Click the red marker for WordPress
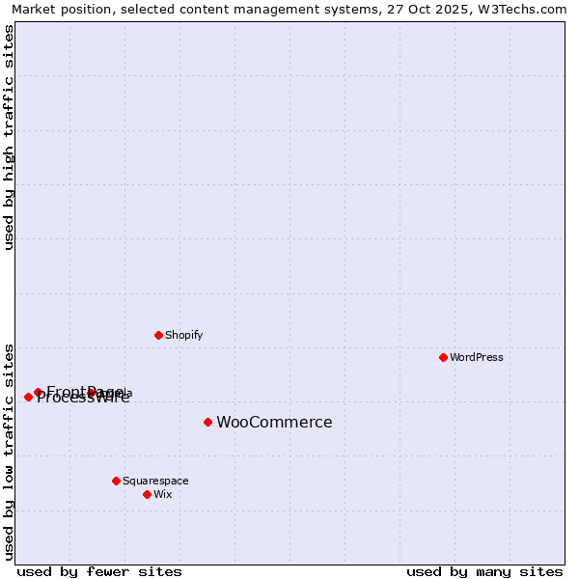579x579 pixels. click(443, 357)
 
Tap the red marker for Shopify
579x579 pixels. click(158, 335)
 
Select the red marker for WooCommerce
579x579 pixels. click(207, 422)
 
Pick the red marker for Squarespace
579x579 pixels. click(116, 481)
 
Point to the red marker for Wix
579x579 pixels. click(147, 494)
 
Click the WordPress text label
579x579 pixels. click(477, 357)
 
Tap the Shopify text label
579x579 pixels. click(183, 335)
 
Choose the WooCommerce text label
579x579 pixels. click(274, 422)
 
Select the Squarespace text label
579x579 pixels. click(155, 481)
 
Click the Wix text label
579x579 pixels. click(162, 494)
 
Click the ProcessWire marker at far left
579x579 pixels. click(28, 397)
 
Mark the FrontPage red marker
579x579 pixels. click(38, 392)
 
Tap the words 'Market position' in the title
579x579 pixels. click(58, 9)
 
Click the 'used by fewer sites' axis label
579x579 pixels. click(99, 571)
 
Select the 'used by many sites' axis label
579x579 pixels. click(484, 571)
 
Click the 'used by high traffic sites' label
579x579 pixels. click(9, 137)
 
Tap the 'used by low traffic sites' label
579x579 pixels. click(9, 452)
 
